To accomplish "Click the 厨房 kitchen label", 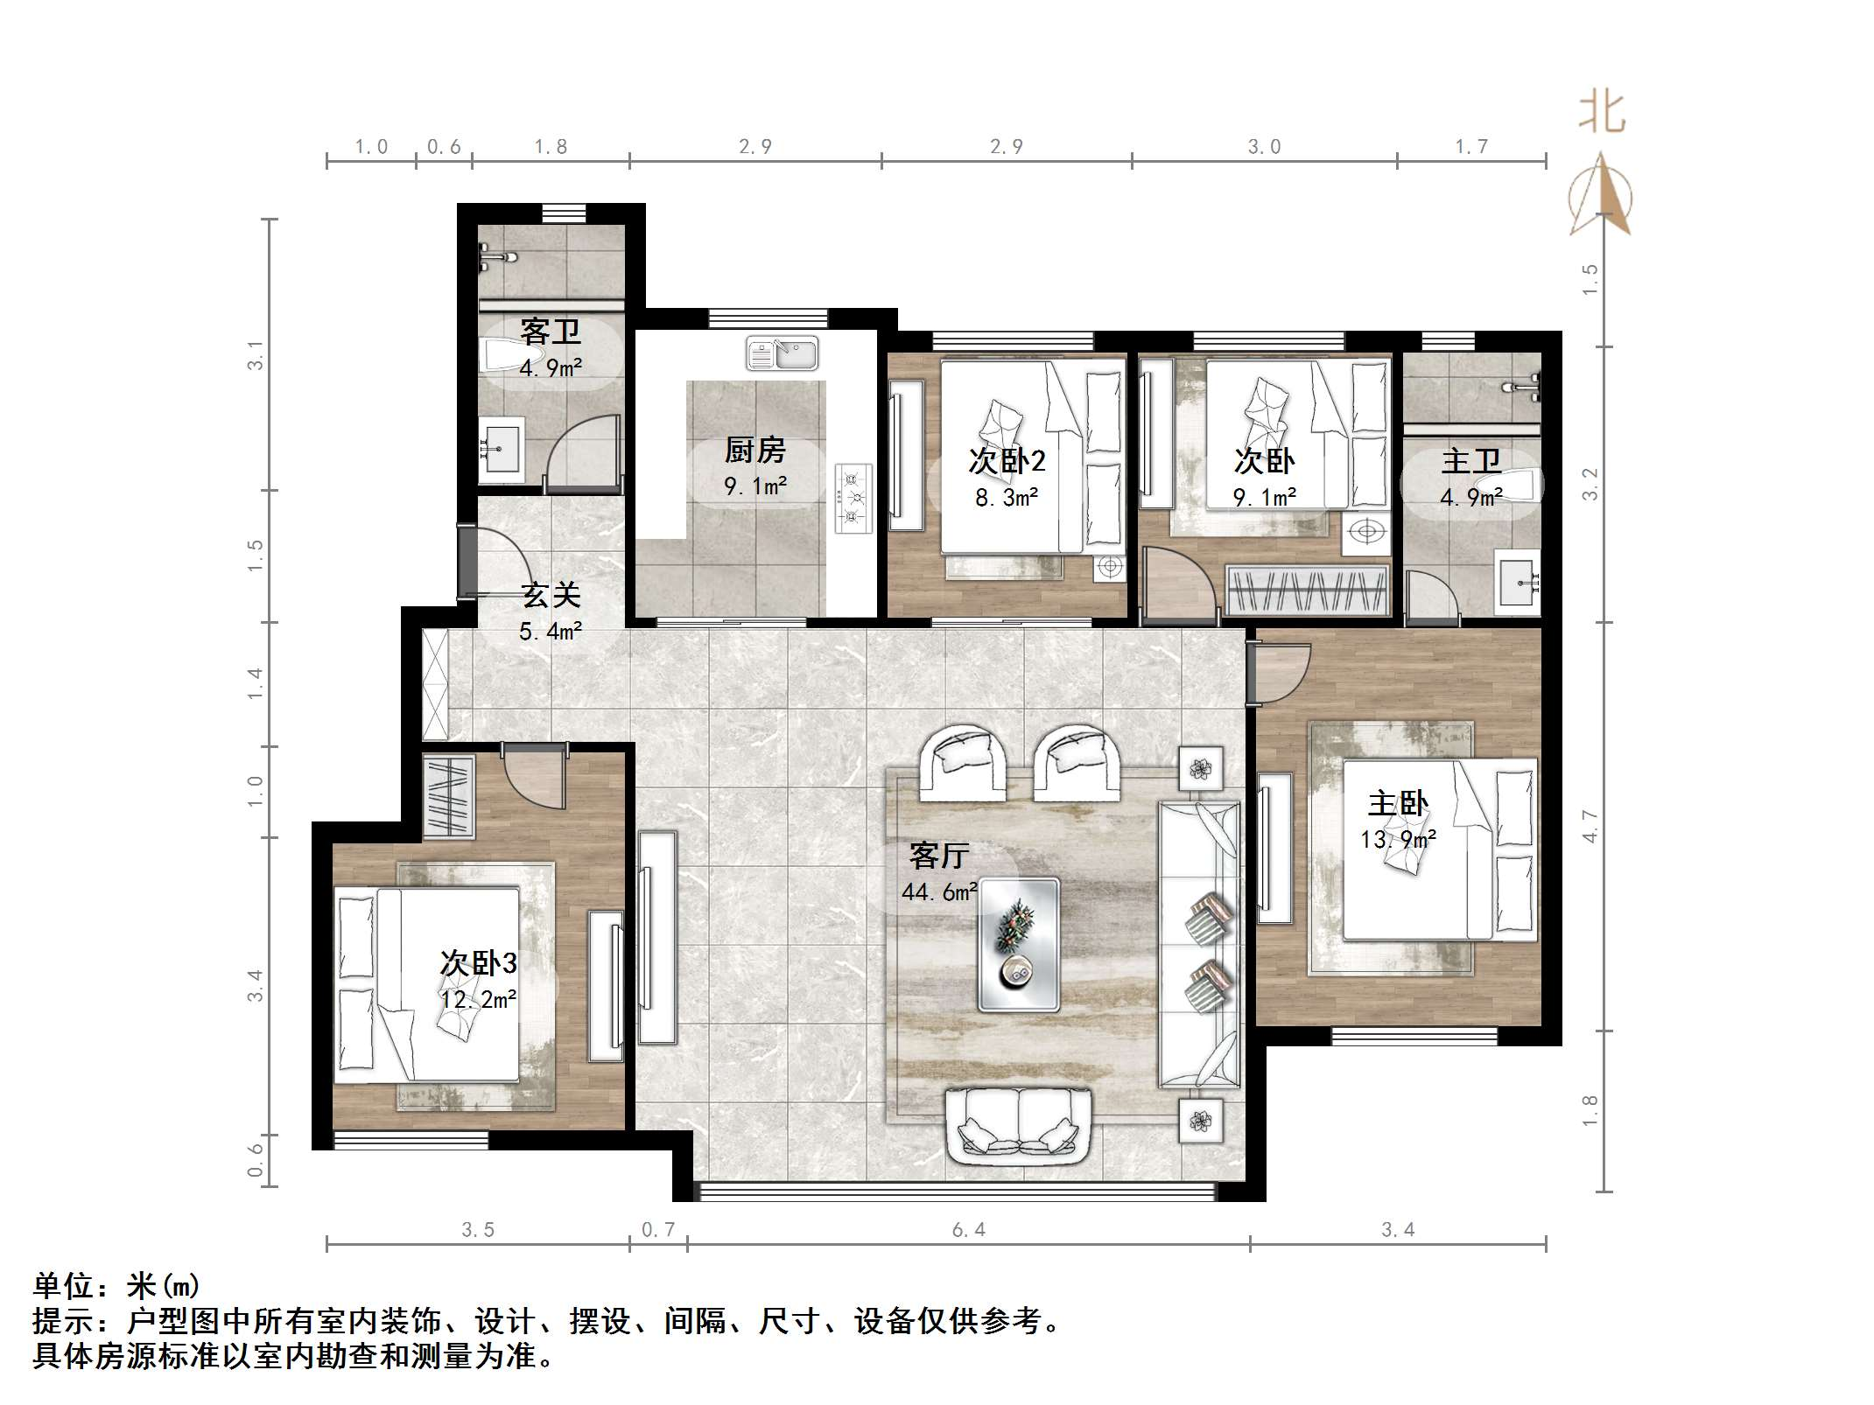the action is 755,451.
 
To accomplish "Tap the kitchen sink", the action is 783,353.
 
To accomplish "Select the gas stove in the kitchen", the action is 853,498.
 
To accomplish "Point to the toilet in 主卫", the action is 1511,485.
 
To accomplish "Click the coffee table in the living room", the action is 1018,945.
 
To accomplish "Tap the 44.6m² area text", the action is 939,892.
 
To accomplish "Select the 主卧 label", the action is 1398,803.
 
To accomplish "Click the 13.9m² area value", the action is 1398,840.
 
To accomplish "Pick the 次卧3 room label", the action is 478,963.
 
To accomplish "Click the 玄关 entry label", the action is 551,596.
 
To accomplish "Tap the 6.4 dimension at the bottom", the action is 969,1230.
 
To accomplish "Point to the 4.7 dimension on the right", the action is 1590,827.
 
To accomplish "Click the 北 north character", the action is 1603,114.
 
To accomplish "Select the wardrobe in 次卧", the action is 1308,591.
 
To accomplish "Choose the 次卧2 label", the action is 1007,461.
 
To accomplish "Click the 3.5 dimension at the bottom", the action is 478,1230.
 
